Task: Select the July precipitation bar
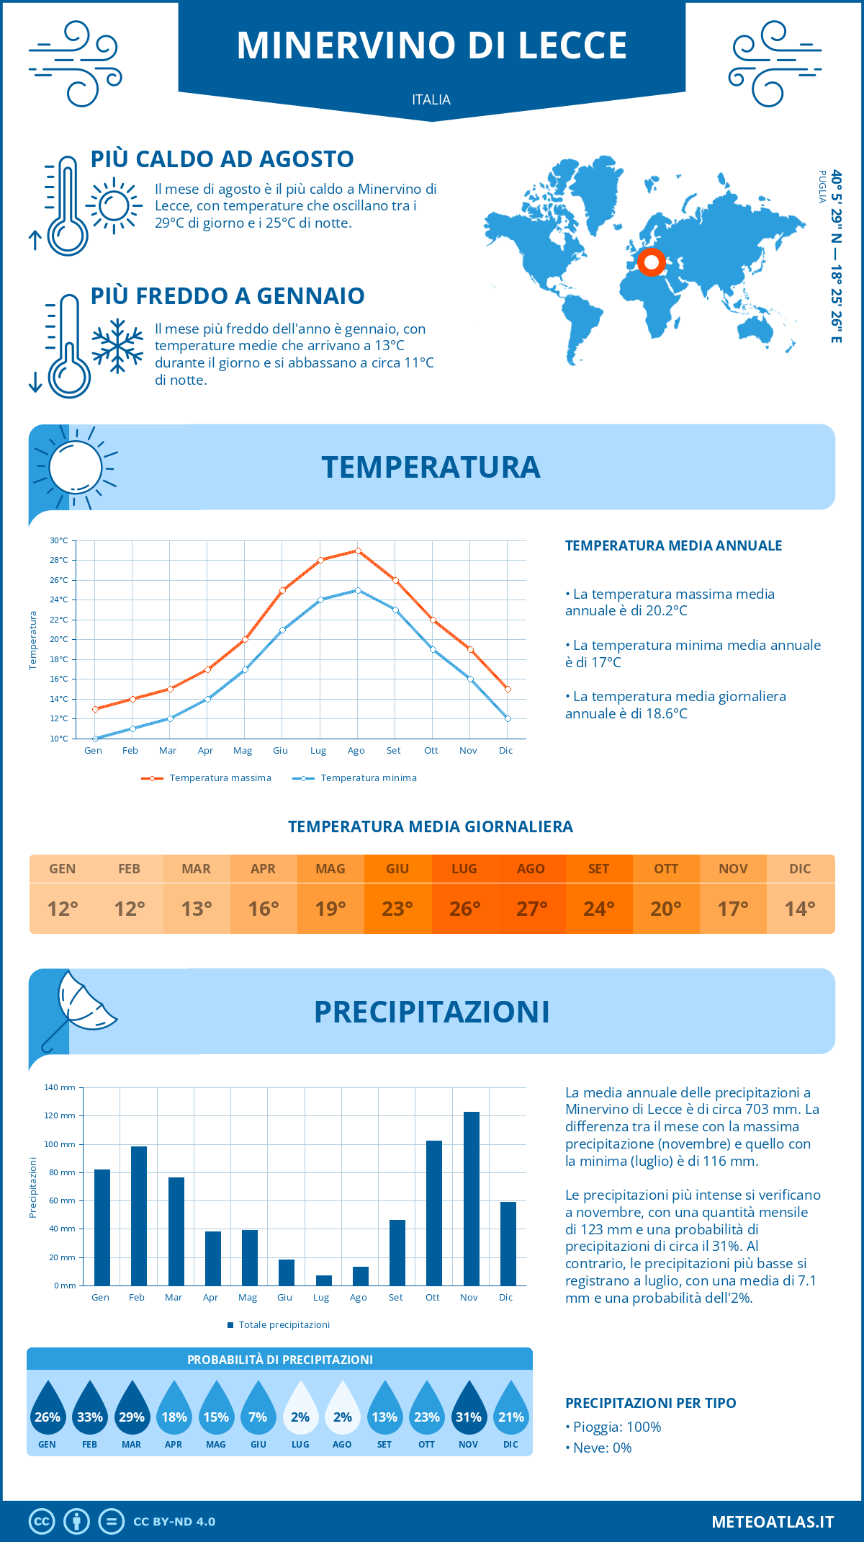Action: coord(324,1280)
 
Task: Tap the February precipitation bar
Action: coord(139,1216)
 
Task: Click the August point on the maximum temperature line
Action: coord(358,551)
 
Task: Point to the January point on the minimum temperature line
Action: coord(95,739)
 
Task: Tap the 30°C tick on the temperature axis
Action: coord(59,540)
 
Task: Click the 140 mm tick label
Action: coord(60,1087)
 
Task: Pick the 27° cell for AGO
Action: coord(531,909)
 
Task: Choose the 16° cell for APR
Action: coord(264,909)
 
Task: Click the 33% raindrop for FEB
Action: coord(90,1410)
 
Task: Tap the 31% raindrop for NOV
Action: coord(469,1410)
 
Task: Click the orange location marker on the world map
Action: coord(652,262)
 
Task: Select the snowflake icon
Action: coord(117,346)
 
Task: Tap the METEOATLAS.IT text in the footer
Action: coord(773,1522)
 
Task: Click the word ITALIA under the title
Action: coord(431,99)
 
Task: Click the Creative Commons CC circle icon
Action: coord(42,1522)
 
